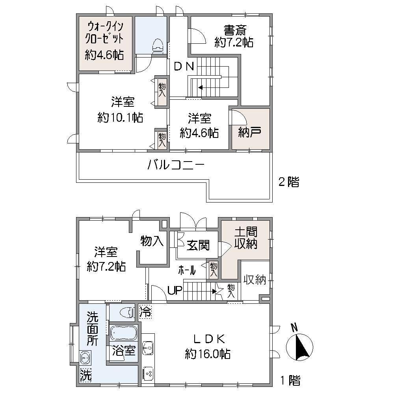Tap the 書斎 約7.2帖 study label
234,36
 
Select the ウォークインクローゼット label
104,33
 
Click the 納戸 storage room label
250,132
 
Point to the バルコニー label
176,165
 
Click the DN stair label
184,66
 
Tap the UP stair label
175,290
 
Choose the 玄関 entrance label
198,245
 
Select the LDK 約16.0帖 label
208,347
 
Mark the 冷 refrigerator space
146,312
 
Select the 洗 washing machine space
85,375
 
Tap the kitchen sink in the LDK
148,348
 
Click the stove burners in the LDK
148,374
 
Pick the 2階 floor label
289,182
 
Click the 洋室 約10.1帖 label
121,110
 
